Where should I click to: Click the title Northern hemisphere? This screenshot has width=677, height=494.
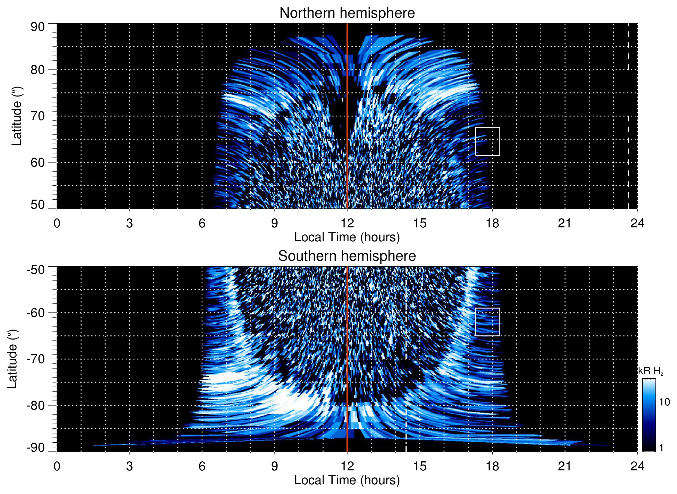tap(347, 13)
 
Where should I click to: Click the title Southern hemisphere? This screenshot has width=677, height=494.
tap(347, 256)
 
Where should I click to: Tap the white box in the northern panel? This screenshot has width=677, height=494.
tap(487, 142)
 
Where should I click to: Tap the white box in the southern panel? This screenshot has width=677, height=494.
tap(487, 322)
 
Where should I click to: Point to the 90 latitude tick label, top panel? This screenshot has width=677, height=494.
tap(37, 27)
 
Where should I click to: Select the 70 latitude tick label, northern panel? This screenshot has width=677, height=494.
tap(37, 116)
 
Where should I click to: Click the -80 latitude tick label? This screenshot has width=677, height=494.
tap(36, 405)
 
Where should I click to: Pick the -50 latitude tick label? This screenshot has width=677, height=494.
tap(36, 270)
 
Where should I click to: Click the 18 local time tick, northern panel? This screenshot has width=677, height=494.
tap(492, 223)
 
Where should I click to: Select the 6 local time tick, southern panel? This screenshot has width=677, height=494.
tap(202, 466)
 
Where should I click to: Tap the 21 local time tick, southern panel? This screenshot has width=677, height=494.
tap(565, 466)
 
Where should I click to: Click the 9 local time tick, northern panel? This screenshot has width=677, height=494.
tap(275, 223)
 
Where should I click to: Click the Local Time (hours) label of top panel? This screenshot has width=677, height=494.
tap(347, 237)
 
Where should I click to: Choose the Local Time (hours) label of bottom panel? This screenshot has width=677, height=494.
tap(347, 480)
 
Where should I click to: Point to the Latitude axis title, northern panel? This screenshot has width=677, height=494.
tap(17, 116)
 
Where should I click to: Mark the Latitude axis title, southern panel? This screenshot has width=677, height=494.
tap(12, 359)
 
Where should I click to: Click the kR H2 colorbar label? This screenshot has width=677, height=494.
tap(650, 371)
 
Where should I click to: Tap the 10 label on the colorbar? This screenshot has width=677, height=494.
tap(664, 402)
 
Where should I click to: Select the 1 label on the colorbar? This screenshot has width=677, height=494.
tap(661, 448)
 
